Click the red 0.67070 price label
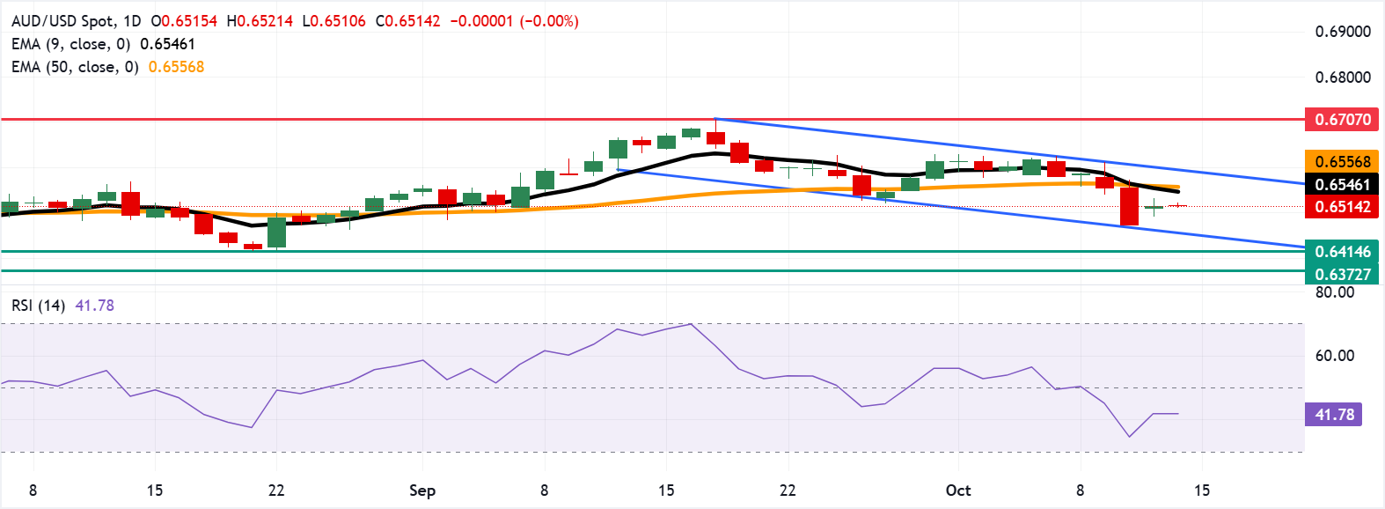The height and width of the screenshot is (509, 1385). [1342, 119]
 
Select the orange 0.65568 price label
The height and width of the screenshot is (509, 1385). [1342, 161]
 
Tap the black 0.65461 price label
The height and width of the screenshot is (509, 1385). [1342, 184]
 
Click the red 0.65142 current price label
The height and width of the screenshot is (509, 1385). [1342, 207]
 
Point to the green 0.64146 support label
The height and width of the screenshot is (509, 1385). [1342, 252]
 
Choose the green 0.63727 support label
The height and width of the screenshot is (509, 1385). [1342, 274]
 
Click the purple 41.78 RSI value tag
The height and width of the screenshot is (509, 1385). [1334, 414]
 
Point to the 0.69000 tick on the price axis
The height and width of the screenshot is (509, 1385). [1343, 32]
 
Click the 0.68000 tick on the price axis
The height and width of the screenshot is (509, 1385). [1343, 77]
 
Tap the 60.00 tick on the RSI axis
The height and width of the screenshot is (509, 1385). [1335, 356]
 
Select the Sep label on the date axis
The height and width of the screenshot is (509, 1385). [422, 491]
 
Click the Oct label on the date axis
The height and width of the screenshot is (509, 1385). [958, 491]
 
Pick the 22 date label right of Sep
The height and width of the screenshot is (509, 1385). [788, 491]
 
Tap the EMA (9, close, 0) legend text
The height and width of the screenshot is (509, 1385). [70, 44]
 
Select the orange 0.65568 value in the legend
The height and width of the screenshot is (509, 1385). [176, 67]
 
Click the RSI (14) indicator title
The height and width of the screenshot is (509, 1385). [38, 306]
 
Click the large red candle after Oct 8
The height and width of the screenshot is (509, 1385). [1129, 206]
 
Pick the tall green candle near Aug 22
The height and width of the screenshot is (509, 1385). [276, 232]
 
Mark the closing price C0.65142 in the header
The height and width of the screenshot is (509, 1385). [408, 21]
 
